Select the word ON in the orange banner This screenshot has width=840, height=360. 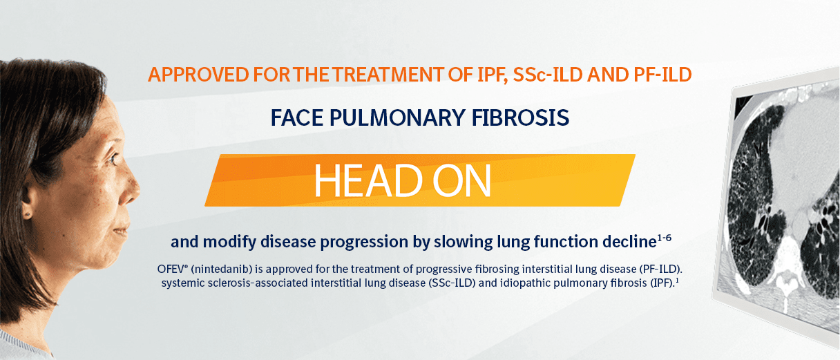[x=461, y=180]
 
